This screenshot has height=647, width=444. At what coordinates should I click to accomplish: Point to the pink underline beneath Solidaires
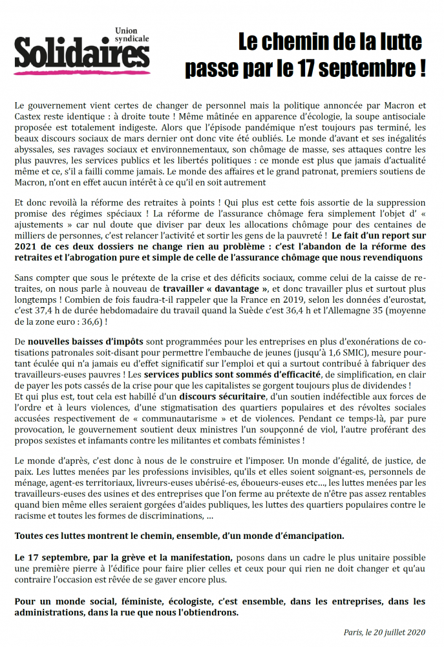[81, 72]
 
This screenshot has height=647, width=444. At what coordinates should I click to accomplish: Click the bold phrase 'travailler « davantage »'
[215, 289]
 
